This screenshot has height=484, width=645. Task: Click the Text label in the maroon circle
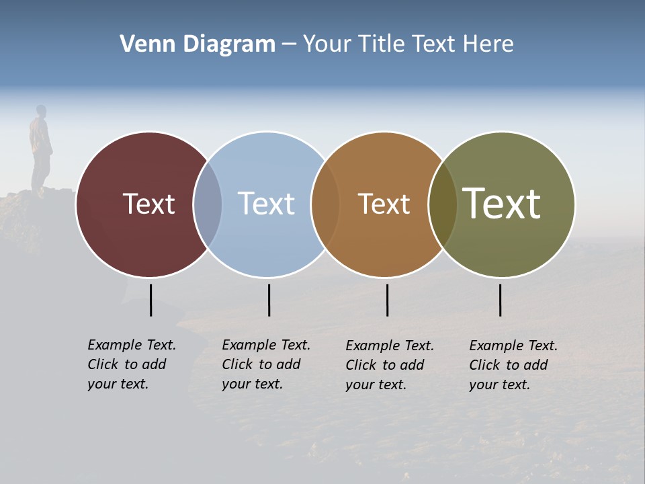pyautogui.click(x=148, y=204)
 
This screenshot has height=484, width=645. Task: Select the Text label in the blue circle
pyautogui.click(x=267, y=204)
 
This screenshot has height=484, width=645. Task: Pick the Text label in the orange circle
pyautogui.click(x=384, y=204)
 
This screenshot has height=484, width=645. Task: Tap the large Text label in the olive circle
pyautogui.click(x=501, y=204)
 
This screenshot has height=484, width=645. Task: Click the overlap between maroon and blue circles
pyautogui.click(x=208, y=204)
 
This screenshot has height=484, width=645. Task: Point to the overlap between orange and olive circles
pyautogui.click(x=443, y=204)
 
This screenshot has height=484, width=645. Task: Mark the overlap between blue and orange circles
pyautogui.click(x=325, y=204)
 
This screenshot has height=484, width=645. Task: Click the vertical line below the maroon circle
pyautogui.click(x=150, y=300)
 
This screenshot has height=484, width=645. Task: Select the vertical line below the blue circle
pyautogui.click(x=269, y=300)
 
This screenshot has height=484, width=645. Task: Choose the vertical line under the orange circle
pyautogui.click(x=387, y=300)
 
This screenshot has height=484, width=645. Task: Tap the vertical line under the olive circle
pyautogui.click(x=500, y=300)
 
